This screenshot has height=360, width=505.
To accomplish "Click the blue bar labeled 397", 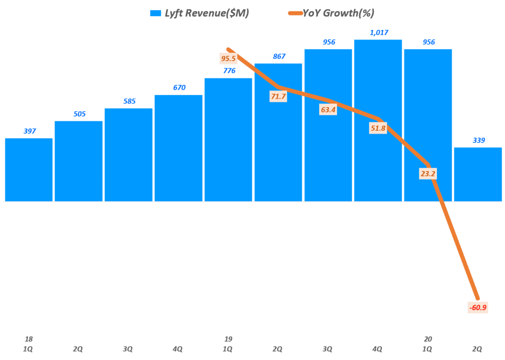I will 29,170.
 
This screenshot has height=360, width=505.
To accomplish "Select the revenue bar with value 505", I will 79,161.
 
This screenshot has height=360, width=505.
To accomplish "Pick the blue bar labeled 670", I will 179,148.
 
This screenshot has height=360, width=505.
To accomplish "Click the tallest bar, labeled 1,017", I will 378,120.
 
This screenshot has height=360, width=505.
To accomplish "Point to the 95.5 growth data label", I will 228,58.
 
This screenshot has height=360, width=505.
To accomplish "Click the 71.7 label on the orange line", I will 278,96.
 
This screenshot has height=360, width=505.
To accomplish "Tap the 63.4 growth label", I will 328,109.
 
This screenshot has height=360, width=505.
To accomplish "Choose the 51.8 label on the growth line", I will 378,128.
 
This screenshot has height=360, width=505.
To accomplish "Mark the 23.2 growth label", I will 428,174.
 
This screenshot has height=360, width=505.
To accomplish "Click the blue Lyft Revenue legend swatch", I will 156,14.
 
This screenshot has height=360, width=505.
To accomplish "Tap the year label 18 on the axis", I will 29,339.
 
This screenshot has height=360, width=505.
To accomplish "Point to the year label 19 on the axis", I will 228,339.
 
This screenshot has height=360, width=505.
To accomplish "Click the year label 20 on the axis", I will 428,339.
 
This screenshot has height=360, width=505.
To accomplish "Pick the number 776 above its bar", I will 229,71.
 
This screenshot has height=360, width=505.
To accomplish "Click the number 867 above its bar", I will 279,56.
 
